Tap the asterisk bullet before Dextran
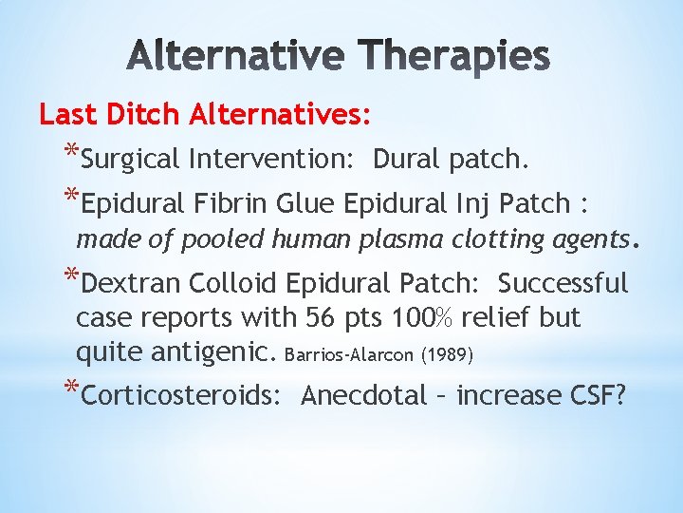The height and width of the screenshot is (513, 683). click(71, 277)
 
